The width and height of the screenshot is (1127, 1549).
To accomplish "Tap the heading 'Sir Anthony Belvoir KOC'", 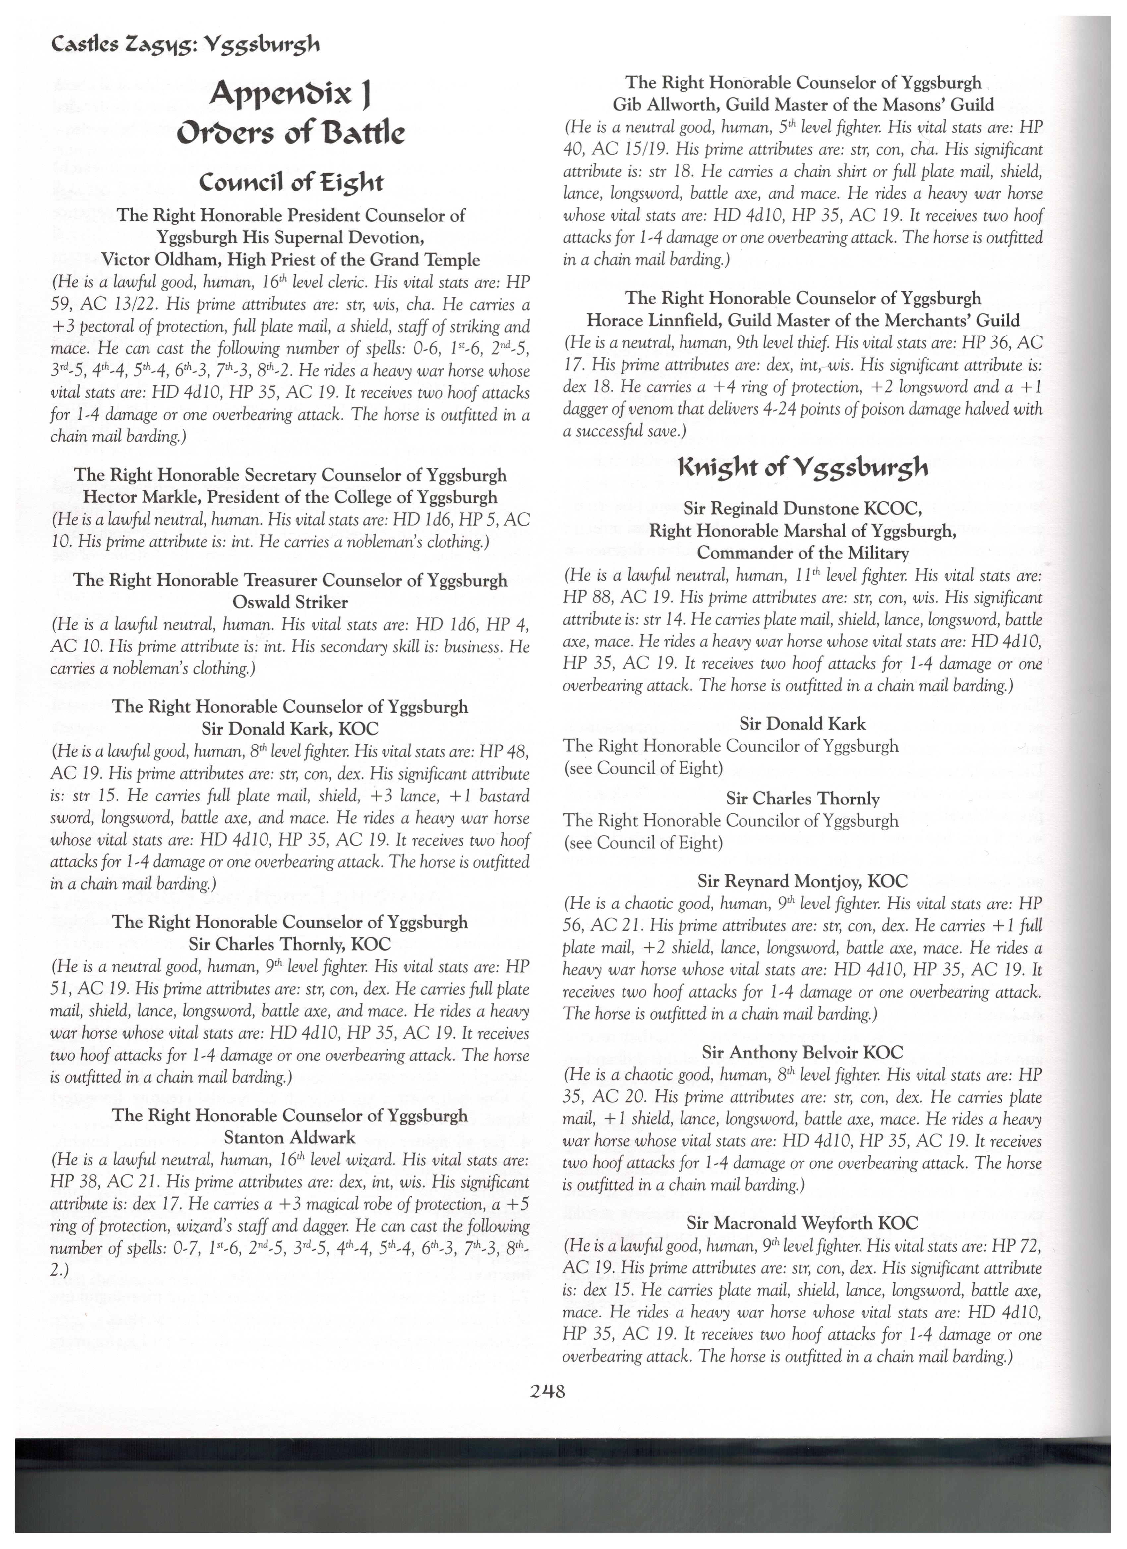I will pos(802,1053).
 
